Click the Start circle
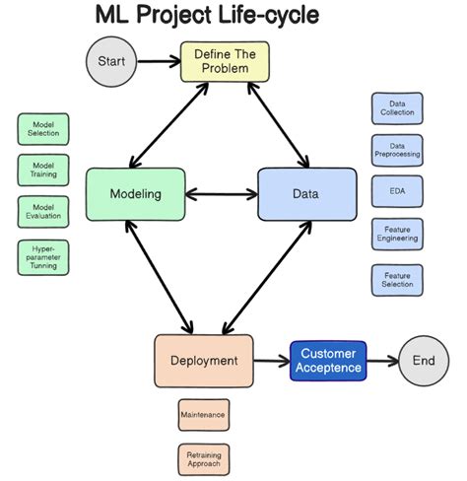point(111,61)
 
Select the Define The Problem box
point(225,61)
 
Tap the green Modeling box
point(135,194)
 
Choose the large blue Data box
point(307,194)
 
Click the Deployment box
point(204,361)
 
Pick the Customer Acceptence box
point(328,361)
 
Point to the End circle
point(424,361)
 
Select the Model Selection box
point(43,129)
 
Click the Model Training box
point(43,171)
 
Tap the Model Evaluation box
point(43,212)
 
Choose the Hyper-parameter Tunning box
point(43,257)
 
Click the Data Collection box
point(397,108)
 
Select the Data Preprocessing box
point(397,150)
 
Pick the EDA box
point(397,191)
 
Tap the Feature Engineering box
point(397,234)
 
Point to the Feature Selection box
point(397,280)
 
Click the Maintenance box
point(204,415)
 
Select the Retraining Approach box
point(204,459)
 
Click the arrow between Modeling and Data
point(222,194)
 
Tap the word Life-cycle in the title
point(269,15)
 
